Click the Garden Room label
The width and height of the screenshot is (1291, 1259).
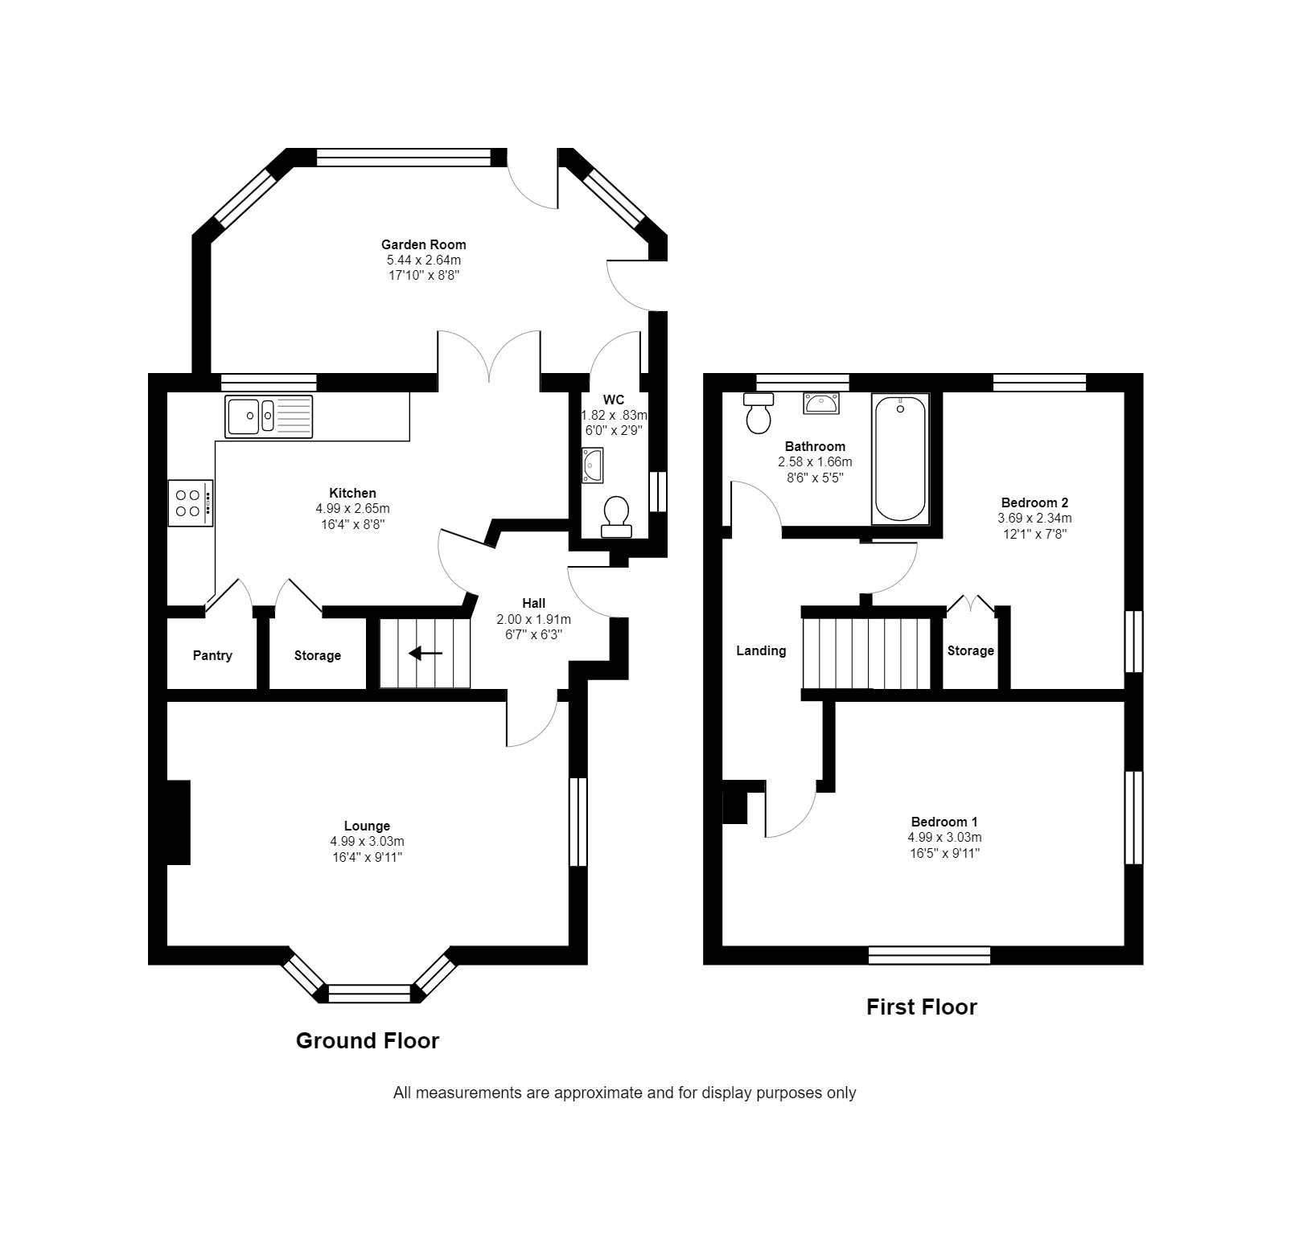(423, 244)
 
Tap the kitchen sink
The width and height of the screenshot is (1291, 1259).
(269, 416)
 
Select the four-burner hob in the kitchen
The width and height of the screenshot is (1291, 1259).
(191, 503)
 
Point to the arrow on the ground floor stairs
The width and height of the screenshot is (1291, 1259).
(426, 654)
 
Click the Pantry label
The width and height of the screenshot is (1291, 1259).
(212, 656)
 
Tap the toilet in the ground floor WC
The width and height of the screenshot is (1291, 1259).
(616, 517)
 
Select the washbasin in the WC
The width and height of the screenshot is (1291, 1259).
(592, 465)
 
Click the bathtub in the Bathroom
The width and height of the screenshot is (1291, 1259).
(901, 458)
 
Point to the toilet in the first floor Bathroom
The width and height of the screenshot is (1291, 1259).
(758, 413)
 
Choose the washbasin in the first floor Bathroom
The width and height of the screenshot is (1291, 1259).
(820, 404)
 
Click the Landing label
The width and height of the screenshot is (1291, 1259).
(761, 651)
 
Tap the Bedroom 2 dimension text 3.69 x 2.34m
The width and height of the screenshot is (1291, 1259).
(1034, 519)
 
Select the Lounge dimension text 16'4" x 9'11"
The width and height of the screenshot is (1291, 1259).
(367, 857)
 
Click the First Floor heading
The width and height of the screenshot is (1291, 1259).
(921, 1007)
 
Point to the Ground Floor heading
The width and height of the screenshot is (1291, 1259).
(368, 1041)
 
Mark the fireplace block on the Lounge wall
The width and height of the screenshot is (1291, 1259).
(178, 822)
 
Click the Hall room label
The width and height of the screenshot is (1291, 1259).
(534, 604)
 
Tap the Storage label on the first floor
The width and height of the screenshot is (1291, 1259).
(971, 651)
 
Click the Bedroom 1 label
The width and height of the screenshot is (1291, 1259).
(944, 822)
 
